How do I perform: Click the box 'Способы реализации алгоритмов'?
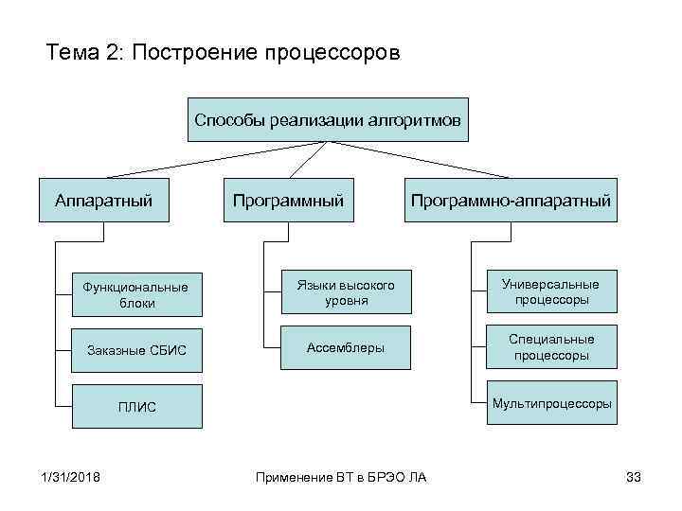pos(328,120)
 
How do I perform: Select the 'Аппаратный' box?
pos(103,201)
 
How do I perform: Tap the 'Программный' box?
pos(288,201)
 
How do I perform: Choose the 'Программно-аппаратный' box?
pos(511,201)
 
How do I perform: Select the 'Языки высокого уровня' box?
pos(345,291)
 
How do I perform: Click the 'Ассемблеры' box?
pos(345,347)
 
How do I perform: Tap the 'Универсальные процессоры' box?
pos(551,291)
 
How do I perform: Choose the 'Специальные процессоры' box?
pos(551,347)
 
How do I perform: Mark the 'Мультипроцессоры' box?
pos(551,403)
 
